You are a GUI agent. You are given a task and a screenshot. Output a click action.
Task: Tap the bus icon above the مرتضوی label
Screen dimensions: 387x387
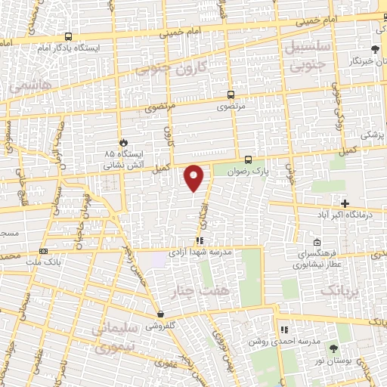coord(231,95)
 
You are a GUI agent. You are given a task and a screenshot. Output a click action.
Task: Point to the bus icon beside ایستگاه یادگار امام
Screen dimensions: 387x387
coord(69,36)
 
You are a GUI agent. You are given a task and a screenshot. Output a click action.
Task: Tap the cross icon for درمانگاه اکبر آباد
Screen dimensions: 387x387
coord(345,203)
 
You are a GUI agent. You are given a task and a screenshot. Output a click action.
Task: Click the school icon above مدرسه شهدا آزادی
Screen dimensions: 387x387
coord(200,240)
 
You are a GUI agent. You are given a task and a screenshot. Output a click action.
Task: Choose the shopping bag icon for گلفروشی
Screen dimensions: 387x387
coord(160,314)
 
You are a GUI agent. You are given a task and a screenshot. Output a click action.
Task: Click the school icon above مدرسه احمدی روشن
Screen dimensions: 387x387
coord(284,330)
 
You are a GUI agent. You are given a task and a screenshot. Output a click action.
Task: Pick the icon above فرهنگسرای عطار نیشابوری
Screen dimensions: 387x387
coord(317,243)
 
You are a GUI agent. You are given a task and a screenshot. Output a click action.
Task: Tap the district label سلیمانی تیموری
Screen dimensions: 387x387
coord(122,337)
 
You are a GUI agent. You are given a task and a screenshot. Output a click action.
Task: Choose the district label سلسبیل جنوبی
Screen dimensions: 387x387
coord(308,54)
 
